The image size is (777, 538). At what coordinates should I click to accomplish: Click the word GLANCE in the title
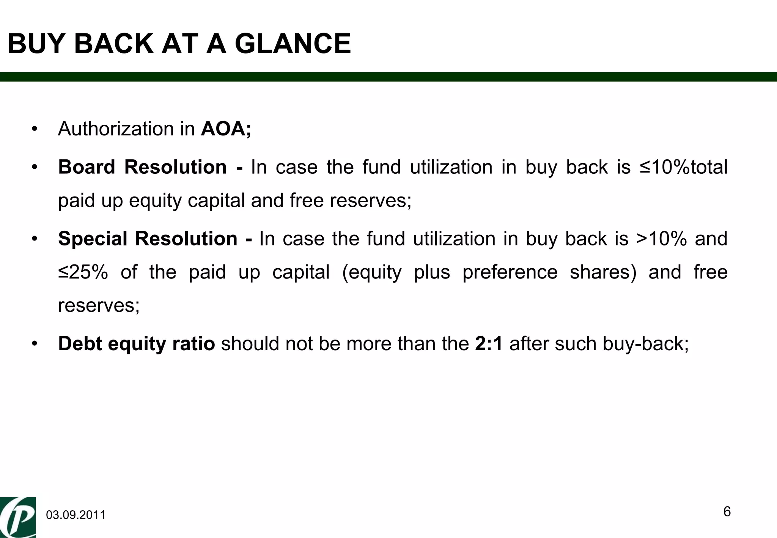[x=293, y=44]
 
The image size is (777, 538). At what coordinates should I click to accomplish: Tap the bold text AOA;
[x=226, y=129]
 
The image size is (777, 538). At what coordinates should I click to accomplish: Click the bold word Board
[x=87, y=167]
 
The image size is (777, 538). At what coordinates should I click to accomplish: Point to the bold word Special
[x=93, y=239]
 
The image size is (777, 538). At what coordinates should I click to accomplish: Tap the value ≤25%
[x=83, y=272]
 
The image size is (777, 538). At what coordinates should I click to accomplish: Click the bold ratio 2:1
[x=489, y=344]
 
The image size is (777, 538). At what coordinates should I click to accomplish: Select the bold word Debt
[x=80, y=344]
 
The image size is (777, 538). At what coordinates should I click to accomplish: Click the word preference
[x=510, y=272]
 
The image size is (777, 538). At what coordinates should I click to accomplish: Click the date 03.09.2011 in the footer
[x=75, y=515]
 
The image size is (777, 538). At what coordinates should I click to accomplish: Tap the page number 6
[x=727, y=512]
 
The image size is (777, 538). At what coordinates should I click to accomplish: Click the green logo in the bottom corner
[x=18, y=517]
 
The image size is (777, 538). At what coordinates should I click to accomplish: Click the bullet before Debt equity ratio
[x=35, y=344]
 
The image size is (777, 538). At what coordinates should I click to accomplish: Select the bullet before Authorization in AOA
[x=35, y=129]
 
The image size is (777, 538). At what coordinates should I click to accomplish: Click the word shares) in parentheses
[x=603, y=272]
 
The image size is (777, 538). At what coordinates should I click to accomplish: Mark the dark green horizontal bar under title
[x=388, y=77]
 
